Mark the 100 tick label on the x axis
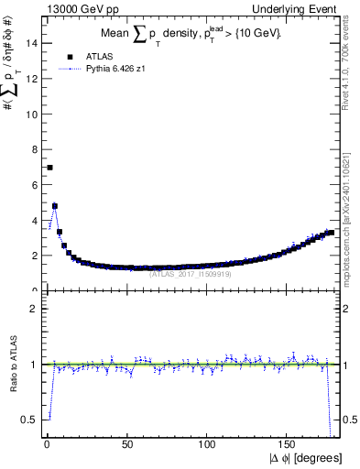(209, 446)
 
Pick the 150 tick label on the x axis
(289, 446)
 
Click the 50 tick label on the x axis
(127, 446)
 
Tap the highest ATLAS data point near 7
(49, 168)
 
